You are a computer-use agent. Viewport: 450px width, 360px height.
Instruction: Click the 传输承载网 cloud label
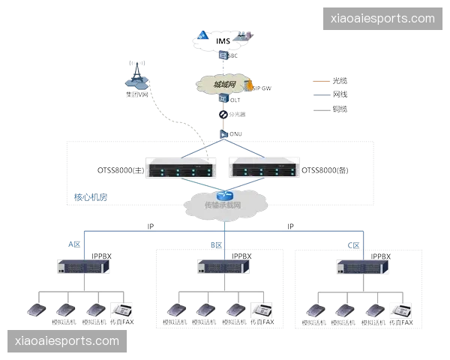point(223,204)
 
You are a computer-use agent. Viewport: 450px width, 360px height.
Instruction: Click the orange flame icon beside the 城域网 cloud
point(249,85)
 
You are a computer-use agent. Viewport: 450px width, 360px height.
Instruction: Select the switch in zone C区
point(363,265)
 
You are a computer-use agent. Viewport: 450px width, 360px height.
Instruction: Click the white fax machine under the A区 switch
point(121,308)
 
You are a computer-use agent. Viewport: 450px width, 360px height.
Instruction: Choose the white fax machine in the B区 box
point(262,308)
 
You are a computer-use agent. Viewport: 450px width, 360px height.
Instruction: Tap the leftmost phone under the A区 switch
point(36,308)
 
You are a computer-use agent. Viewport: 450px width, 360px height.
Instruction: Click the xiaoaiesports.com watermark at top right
point(382,19)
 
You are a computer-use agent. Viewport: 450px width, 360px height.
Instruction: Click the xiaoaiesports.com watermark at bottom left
point(67,341)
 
